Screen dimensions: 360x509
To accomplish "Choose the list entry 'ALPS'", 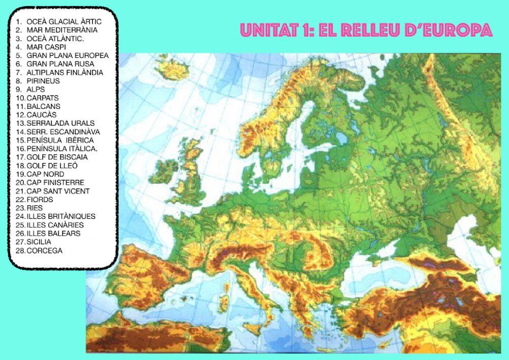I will pos(36,89).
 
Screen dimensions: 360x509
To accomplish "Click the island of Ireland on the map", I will pos(165,170).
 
